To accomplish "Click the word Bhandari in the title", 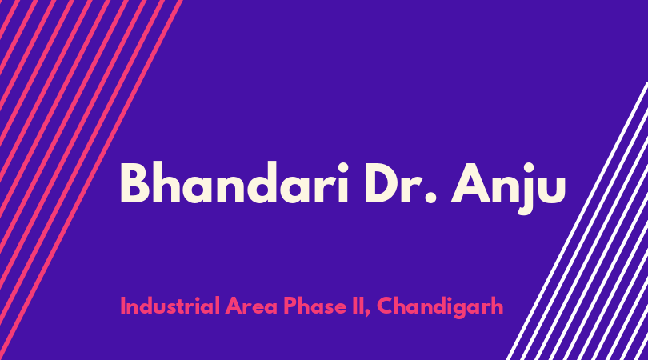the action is pyautogui.click(x=234, y=182).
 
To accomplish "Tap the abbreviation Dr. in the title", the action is pyautogui.click(x=401, y=183).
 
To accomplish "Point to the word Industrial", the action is pyautogui.click(x=170, y=306).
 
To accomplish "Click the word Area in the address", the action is pyautogui.click(x=251, y=306).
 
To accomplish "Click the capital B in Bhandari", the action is pyautogui.click(x=134, y=183).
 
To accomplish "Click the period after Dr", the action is pyautogui.click(x=430, y=198).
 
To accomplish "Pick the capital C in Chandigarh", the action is pyautogui.click(x=385, y=306).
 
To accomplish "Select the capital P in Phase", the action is pyautogui.click(x=290, y=306).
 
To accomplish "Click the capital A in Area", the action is pyautogui.click(x=234, y=306).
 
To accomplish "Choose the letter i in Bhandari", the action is pyautogui.click(x=343, y=182).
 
